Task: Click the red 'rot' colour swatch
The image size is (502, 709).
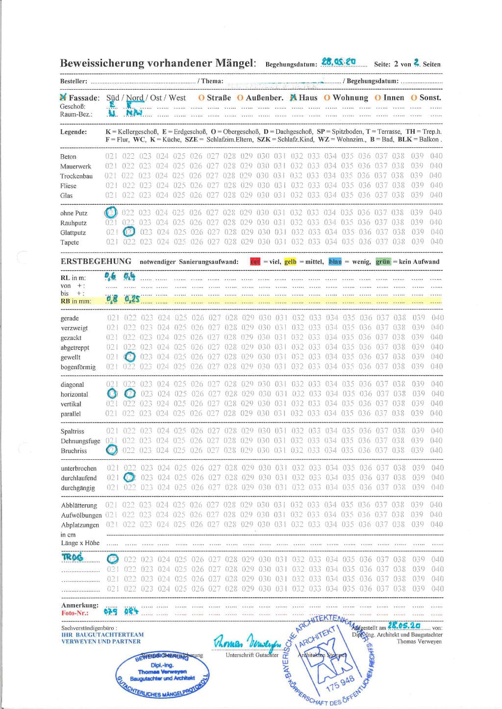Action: tap(255, 261)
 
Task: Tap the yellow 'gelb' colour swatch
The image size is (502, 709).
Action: tap(290, 261)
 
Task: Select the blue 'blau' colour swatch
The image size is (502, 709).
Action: tap(335, 261)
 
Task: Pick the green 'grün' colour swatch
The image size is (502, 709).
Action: tap(383, 261)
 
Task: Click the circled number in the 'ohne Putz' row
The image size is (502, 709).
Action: tap(111, 213)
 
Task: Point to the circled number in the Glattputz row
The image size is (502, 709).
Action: tap(129, 232)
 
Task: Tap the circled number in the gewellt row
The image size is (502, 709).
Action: tap(130, 357)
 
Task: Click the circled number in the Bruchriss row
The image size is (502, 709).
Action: tap(112, 450)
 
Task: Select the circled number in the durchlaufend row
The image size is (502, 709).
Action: tap(129, 477)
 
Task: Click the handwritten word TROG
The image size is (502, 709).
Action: tap(73, 557)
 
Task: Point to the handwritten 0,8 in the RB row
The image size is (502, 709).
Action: tap(112, 299)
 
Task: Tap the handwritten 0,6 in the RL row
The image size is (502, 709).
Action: tap(110, 276)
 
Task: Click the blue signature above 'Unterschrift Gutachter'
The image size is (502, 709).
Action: tap(247, 640)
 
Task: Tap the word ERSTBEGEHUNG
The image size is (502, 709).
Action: tap(96, 261)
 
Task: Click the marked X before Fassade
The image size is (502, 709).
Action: tap(63, 97)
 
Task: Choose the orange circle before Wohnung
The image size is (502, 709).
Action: tap(327, 98)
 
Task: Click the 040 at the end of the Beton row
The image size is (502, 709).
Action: tap(436, 156)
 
